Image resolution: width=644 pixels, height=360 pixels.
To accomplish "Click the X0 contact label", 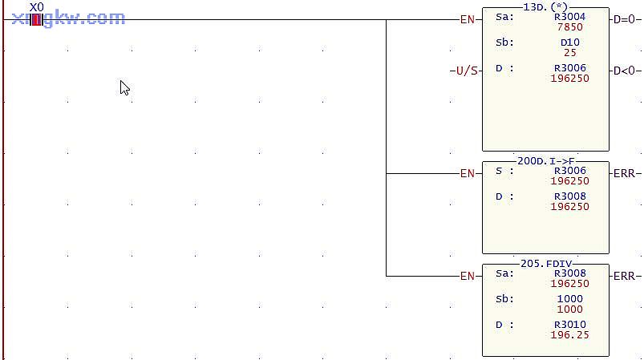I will (x=36, y=7).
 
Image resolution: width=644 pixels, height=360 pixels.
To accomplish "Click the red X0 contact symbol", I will (x=36, y=19).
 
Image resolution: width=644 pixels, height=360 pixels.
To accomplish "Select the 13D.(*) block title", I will (x=545, y=7).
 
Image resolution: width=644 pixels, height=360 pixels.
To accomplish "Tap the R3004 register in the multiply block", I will (x=569, y=17).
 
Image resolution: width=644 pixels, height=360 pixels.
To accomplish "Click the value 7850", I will (x=569, y=26).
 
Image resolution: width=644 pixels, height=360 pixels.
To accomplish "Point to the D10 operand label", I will (x=569, y=42).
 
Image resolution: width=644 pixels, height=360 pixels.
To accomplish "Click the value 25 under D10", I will (x=569, y=52).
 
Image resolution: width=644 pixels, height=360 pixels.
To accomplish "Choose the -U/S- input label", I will (x=464, y=71).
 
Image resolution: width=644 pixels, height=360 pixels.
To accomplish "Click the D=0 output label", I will (x=626, y=18).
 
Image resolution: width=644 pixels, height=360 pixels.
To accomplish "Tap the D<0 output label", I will (x=626, y=71).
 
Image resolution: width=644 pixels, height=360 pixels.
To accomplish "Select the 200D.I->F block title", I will (x=545, y=161).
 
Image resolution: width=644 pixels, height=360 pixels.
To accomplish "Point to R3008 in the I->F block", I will (x=569, y=196).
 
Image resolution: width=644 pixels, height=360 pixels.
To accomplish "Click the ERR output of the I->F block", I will (x=626, y=173).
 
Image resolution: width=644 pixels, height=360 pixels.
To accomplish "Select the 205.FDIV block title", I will (x=545, y=264).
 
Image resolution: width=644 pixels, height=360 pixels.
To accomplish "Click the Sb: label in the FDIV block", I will (x=504, y=299).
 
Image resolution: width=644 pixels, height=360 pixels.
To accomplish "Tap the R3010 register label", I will (x=569, y=325).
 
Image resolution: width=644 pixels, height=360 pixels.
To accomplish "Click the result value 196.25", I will (x=569, y=334).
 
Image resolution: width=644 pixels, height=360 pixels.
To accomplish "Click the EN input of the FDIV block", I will (x=468, y=276).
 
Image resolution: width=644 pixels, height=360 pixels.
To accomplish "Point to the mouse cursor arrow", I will (x=124, y=87).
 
